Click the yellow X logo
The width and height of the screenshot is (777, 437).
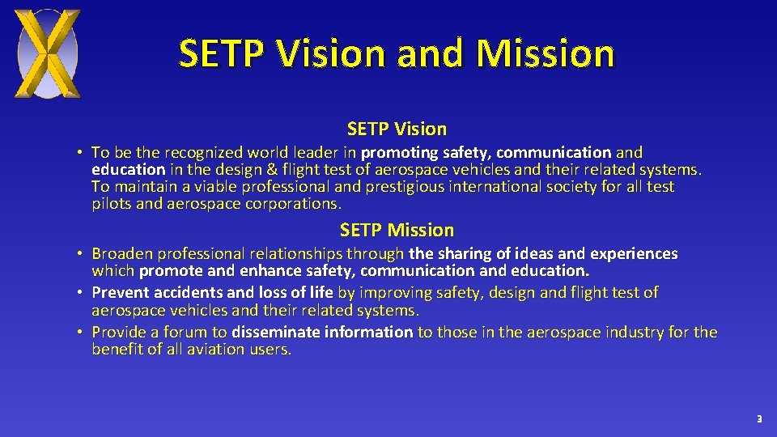tap(49, 53)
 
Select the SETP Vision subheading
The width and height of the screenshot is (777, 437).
tap(397, 129)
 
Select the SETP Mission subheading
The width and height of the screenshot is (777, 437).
tap(397, 230)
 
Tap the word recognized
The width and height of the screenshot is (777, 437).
tap(206, 152)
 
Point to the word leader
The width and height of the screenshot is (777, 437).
tap(316, 152)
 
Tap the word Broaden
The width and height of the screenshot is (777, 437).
tap(121, 253)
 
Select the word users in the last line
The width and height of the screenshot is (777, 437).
tap(270, 349)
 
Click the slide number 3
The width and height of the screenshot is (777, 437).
tap(758, 419)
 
